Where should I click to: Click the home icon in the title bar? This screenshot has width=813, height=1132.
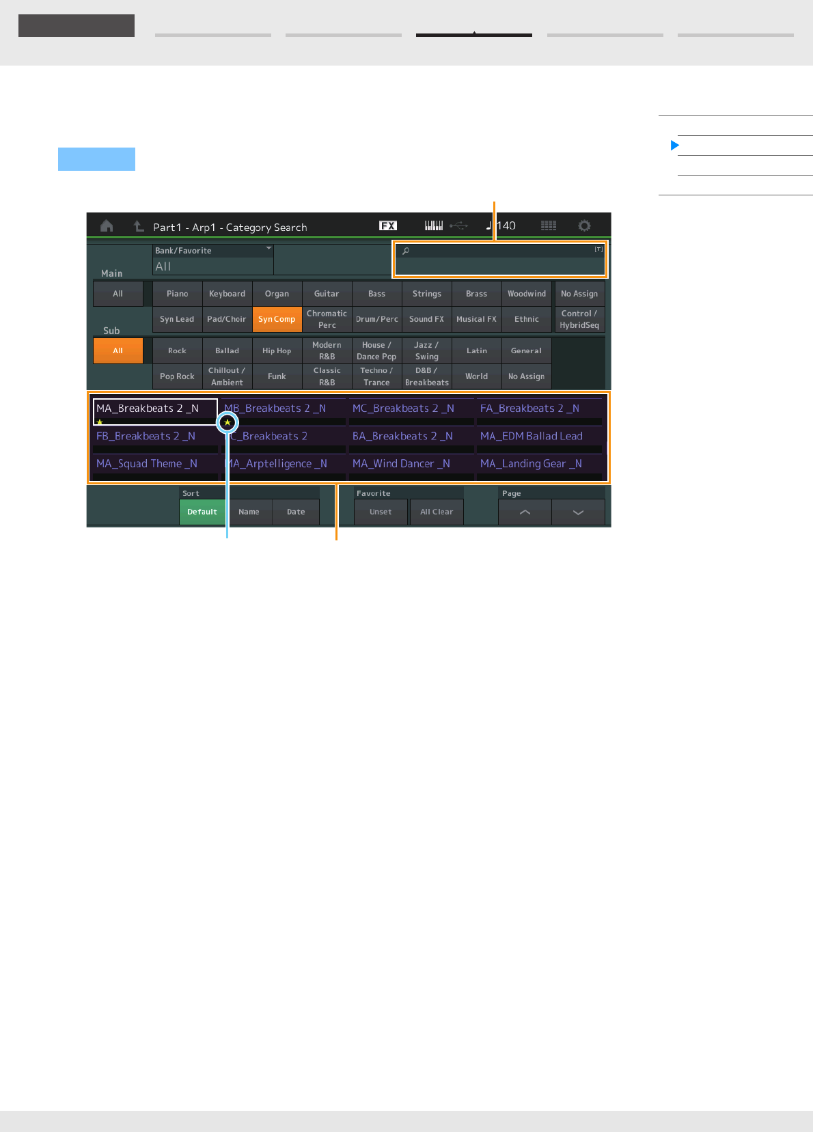coord(107,226)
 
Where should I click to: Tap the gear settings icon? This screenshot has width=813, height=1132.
coord(584,226)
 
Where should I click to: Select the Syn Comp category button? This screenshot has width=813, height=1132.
coord(277,319)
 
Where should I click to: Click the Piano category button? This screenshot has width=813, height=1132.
coord(177,294)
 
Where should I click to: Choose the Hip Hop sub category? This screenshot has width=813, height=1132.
coord(277,351)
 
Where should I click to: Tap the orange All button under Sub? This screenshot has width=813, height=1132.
coord(118,351)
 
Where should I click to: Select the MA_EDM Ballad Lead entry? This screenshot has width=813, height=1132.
coord(532,436)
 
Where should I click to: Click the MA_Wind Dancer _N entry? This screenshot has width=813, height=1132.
coord(401,464)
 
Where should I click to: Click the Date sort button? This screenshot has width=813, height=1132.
coord(296,512)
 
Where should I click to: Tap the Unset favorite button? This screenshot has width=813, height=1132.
coord(381,512)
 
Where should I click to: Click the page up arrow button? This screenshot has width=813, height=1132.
coord(525,512)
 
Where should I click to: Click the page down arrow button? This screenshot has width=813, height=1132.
coord(578,512)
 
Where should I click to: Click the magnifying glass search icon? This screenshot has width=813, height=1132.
coord(406,251)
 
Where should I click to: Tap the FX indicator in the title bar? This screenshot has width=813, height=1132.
coord(388,226)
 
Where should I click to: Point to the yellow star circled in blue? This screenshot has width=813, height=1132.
coord(228,423)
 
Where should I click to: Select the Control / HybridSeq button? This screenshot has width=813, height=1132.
coord(579,319)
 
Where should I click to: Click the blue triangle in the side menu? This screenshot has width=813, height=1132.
coord(675,146)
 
